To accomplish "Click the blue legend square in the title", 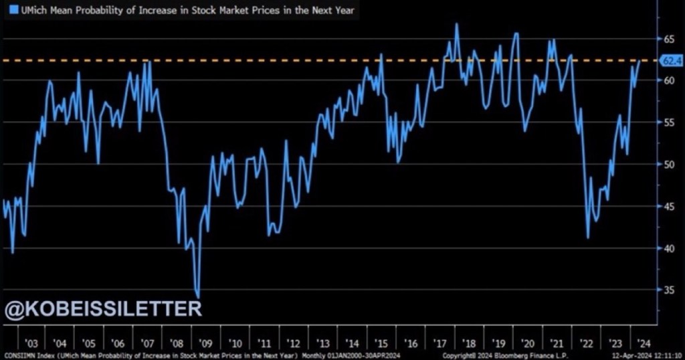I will pyautogui.click(x=8, y=10).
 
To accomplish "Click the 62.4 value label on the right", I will pyautogui.click(x=670, y=62).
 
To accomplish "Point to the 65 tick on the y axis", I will pyautogui.click(x=668, y=39).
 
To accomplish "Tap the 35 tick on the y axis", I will pyautogui.click(x=668, y=290).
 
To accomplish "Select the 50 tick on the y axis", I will pyautogui.click(x=668, y=165).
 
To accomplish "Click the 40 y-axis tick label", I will pyautogui.click(x=668, y=248).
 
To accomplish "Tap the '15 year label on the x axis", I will pyautogui.click(x=382, y=343).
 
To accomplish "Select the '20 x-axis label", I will pyautogui.click(x=528, y=343).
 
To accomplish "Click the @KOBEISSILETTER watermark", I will pyautogui.click(x=103, y=309).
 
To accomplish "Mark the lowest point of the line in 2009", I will pyautogui.click(x=198, y=296).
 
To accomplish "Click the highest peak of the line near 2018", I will pyautogui.click(x=457, y=24).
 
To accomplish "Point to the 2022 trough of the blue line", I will pyautogui.click(x=588, y=238).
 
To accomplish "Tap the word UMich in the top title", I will pyautogui.click(x=27, y=10).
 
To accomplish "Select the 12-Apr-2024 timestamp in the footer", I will pyautogui.click(x=635, y=355).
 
